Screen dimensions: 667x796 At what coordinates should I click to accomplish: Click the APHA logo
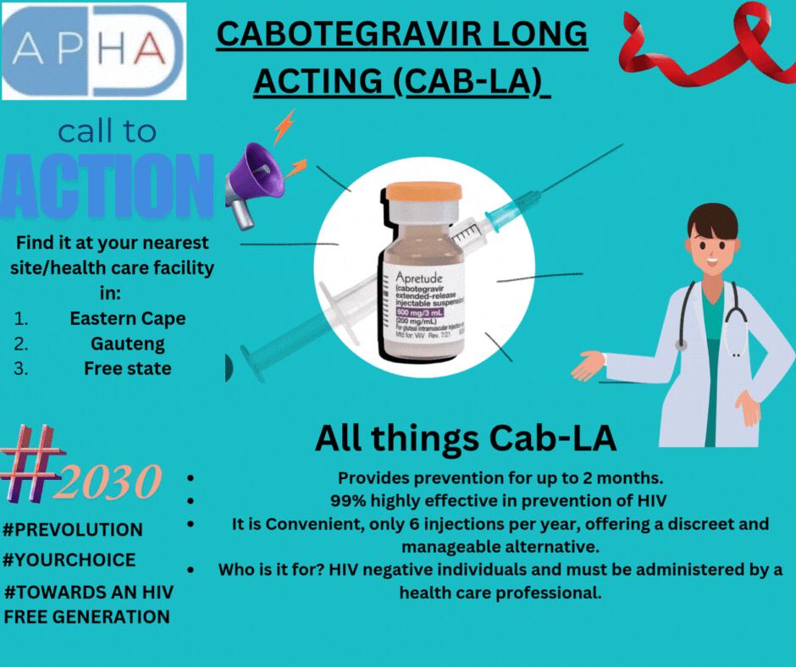coord(92,49)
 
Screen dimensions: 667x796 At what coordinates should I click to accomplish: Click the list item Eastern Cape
coord(127,319)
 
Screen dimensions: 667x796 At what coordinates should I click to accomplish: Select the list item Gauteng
coord(127,344)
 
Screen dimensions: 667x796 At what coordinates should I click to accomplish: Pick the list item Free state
coord(127,368)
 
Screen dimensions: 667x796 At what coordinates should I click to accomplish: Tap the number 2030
coord(112,483)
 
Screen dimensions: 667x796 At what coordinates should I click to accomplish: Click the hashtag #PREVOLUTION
coord(73,530)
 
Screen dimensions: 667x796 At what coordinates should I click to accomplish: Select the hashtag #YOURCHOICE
coord(69,560)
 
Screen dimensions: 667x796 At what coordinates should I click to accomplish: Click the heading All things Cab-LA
coord(465,438)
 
